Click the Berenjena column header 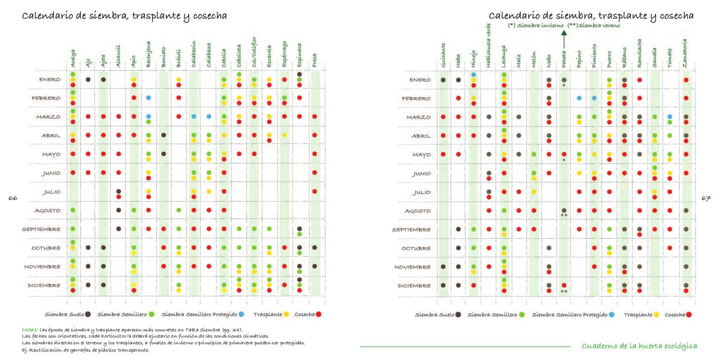click(x=148, y=56)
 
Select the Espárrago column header click(x=285, y=56)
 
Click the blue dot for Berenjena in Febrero click(x=148, y=98)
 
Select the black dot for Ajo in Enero click(x=88, y=79)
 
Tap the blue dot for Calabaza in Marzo click(x=209, y=116)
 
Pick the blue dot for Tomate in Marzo click(x=670, y=116)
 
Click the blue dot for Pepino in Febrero click(x=579, y=98)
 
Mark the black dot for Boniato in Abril click(x=163, y=135)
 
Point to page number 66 click(x=12, y=198)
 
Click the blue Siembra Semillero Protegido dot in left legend click(x=241, y=314)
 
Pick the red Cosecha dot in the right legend click(x=689, y=315)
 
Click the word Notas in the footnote click(x=30, y=329)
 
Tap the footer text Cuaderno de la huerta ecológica click(x=639, y=345)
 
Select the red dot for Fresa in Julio click(x=315, y=192)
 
